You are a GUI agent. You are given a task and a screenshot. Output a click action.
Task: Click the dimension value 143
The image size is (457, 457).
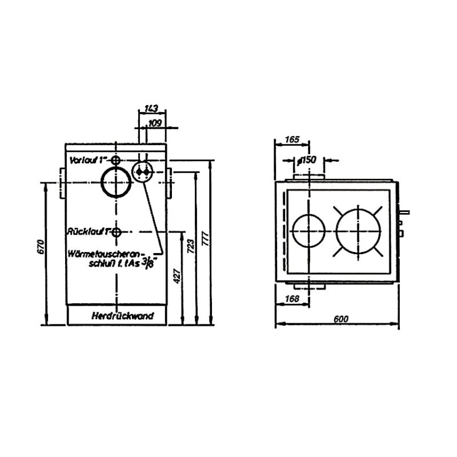tap(151, 109)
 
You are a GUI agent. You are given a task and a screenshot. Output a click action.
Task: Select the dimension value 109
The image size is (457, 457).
tap(155, 123)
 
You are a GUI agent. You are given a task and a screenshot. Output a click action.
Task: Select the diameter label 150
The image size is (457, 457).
tap(307, 160)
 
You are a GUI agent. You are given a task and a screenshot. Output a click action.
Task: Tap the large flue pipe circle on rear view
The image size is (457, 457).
tap(117, 182)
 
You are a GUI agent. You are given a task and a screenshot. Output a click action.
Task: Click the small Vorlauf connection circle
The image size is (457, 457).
tap(116, 160)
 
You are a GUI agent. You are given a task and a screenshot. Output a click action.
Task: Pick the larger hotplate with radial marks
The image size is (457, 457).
tap(359, 231)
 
